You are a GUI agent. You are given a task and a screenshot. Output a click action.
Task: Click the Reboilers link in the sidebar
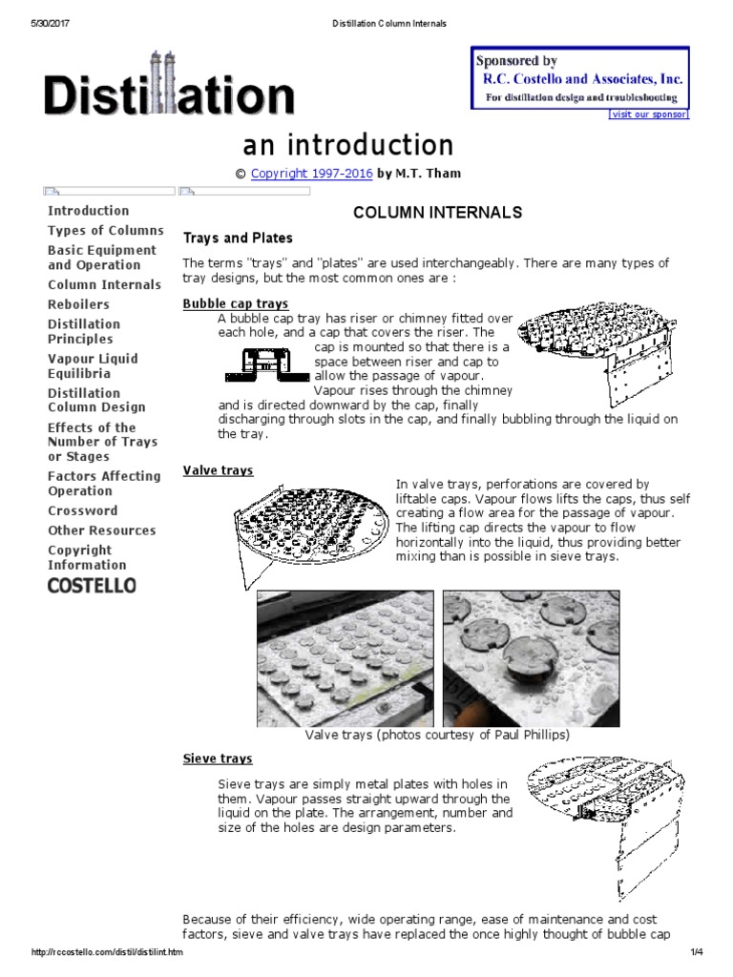click(78, 304)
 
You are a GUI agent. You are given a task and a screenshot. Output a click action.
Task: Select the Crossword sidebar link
click(83, 510)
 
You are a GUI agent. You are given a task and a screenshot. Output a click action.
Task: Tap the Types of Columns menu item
click(106, 230)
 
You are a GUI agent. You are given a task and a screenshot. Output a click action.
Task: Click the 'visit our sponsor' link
click(648, 114)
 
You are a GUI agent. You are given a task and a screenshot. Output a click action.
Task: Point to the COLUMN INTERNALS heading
click(438, 212)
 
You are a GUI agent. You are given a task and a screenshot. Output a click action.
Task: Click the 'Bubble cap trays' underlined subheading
click(235, 303)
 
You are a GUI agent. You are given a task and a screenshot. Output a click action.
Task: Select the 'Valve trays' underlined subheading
click(218, 470)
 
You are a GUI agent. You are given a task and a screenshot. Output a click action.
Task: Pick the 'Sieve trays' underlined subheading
click(218, 759)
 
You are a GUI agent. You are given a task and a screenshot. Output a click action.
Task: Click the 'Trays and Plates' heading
click(238, 238)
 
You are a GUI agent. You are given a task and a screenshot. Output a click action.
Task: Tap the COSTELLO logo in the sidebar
click(92, 585)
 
